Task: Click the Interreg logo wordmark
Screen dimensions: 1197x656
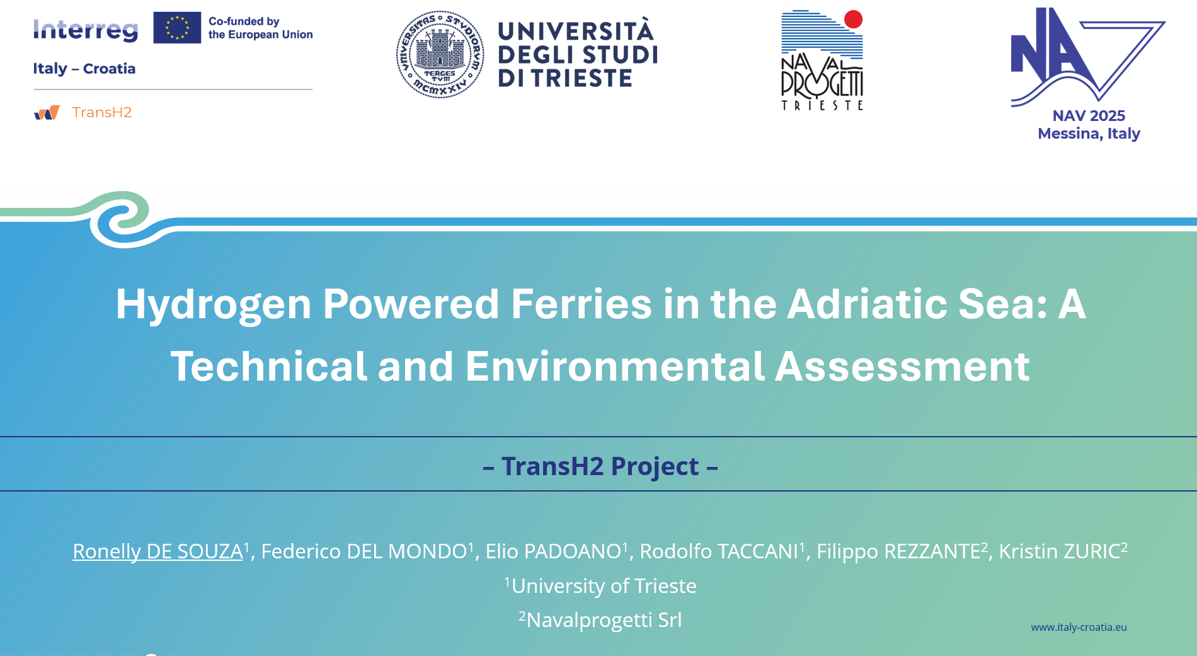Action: point(86,30)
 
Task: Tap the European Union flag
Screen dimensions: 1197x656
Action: point(177,28)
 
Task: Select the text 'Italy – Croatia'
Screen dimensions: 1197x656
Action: point(84,69)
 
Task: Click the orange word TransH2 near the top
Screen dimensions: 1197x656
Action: point(101,112)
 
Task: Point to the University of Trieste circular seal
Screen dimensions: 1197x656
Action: point(440,54)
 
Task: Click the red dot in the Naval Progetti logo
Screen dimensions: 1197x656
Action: point(853,20)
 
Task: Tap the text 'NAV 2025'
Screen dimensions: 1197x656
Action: point(1089,116)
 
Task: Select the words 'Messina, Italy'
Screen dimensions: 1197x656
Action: point(1089,134)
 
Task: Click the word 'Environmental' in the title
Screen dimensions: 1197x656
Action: point(615,366)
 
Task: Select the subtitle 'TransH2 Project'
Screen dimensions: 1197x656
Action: point(600,466)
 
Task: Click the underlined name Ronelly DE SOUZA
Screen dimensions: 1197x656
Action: point(157,551)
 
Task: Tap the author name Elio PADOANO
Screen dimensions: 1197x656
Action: point(553,551)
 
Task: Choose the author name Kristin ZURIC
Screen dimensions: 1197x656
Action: point(1059,551)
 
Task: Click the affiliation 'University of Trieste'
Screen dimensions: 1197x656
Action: point(604,586)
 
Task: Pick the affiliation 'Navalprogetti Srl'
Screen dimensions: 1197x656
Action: point(604,620)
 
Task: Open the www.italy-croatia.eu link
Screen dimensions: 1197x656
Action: point(1079,627)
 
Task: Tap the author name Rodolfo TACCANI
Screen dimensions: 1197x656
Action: point(719,551)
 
